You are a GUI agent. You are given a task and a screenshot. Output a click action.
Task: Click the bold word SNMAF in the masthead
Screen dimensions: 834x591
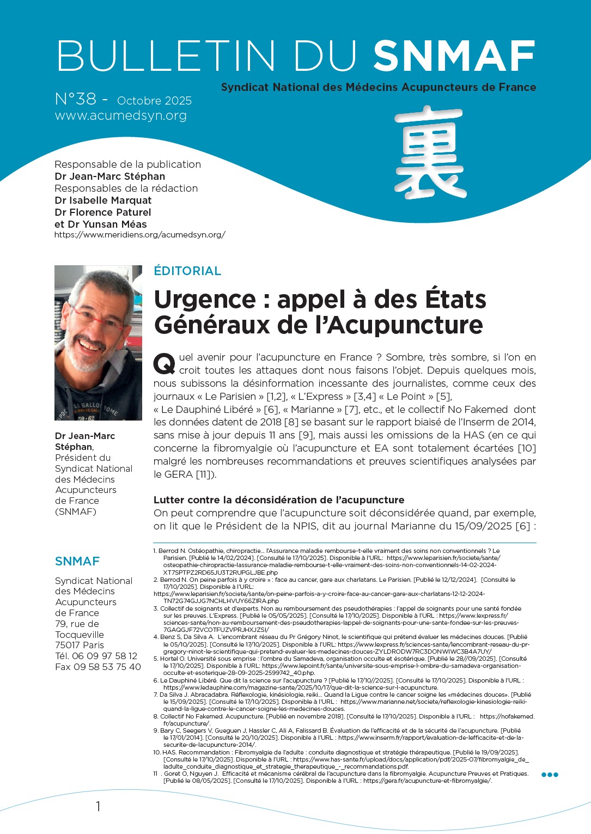coord(454,56)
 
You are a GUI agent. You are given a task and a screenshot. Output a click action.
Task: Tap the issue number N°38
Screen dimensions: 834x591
coord(76,100)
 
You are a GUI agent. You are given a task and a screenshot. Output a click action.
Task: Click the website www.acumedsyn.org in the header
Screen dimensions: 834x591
coord(121,115)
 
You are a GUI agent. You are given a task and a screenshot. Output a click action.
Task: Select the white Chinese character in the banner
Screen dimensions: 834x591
coord(430,153)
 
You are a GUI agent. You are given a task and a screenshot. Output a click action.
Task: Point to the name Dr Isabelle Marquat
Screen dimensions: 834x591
coord(103,200)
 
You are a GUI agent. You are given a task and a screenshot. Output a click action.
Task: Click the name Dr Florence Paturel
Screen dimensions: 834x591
coord(103,212)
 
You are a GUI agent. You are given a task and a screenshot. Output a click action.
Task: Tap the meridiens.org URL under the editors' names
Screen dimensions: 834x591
coord(140,235)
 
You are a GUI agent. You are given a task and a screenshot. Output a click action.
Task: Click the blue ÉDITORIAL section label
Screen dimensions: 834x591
coord(187,271)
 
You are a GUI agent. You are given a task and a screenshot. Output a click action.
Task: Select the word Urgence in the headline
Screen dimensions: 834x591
coord(205,300)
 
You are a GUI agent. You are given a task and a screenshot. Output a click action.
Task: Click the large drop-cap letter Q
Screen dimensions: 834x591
coord(164,363)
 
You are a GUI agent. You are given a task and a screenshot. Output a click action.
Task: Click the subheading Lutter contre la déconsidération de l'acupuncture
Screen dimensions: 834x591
coord(279,500)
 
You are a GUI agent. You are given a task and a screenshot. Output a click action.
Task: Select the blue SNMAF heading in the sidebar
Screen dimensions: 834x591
coord(77,561)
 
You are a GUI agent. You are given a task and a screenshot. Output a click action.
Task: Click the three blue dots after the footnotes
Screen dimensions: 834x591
coord(550,775)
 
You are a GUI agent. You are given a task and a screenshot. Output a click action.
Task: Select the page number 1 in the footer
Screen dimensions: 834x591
coord(98,806)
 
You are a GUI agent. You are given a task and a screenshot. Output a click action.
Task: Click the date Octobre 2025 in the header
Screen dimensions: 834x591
coord(154,101)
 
